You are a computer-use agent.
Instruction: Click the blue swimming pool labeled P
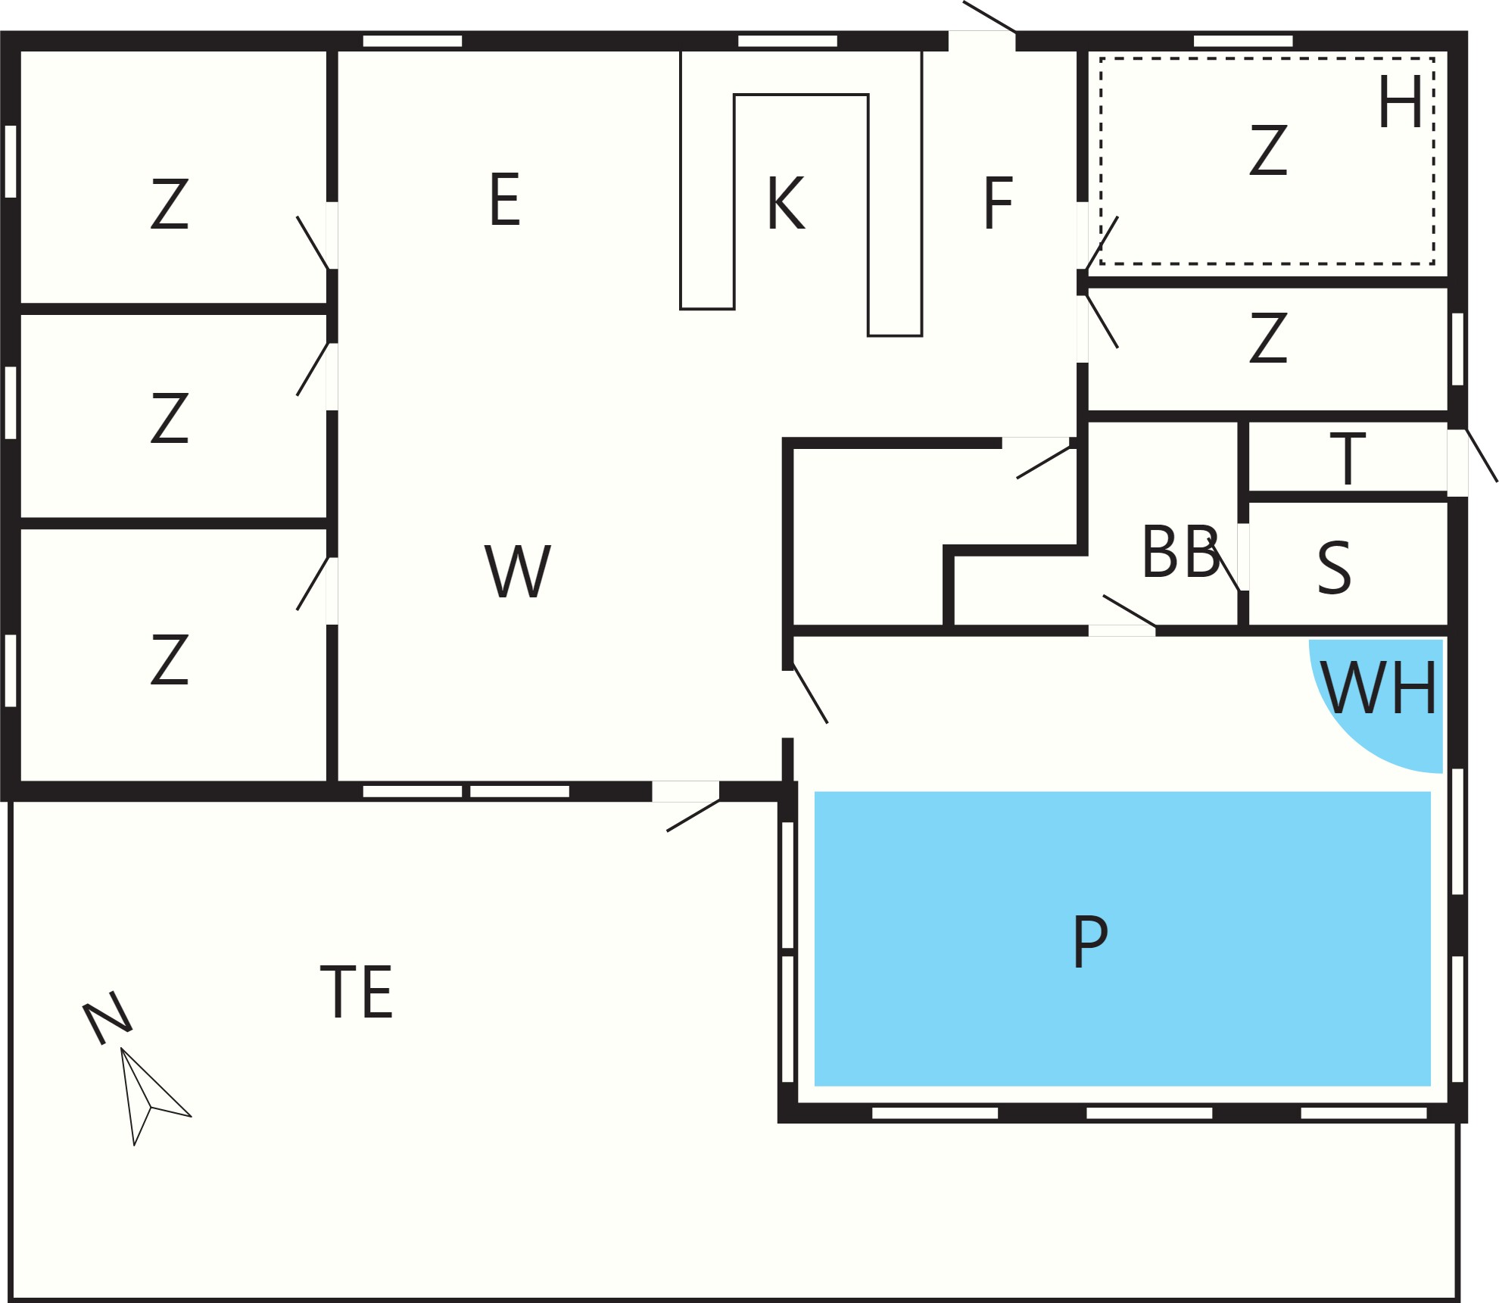click(1122, 938)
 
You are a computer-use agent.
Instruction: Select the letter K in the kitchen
click(785, 202)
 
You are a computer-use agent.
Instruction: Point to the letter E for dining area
click(505, 199)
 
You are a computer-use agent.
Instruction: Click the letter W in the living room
click(518, 571)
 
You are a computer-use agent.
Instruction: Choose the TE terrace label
click(357, 991)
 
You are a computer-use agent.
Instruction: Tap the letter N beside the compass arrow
click(107, 1018)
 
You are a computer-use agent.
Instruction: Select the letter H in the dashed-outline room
click(1399, 102)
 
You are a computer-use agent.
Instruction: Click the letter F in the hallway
click(997, 202)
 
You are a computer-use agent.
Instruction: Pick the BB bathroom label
click(1180, 552)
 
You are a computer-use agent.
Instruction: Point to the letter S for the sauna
click(1334, 568)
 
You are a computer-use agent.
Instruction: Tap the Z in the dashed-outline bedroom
click(1268, 151)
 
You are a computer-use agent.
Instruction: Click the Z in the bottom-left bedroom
click(169, 660)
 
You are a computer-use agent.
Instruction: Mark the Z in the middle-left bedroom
click(169, 417)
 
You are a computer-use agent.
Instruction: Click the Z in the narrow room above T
click(1268, 337)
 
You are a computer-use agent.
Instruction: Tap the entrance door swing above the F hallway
click(989, 17)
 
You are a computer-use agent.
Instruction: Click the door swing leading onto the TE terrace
click(693, 815)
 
